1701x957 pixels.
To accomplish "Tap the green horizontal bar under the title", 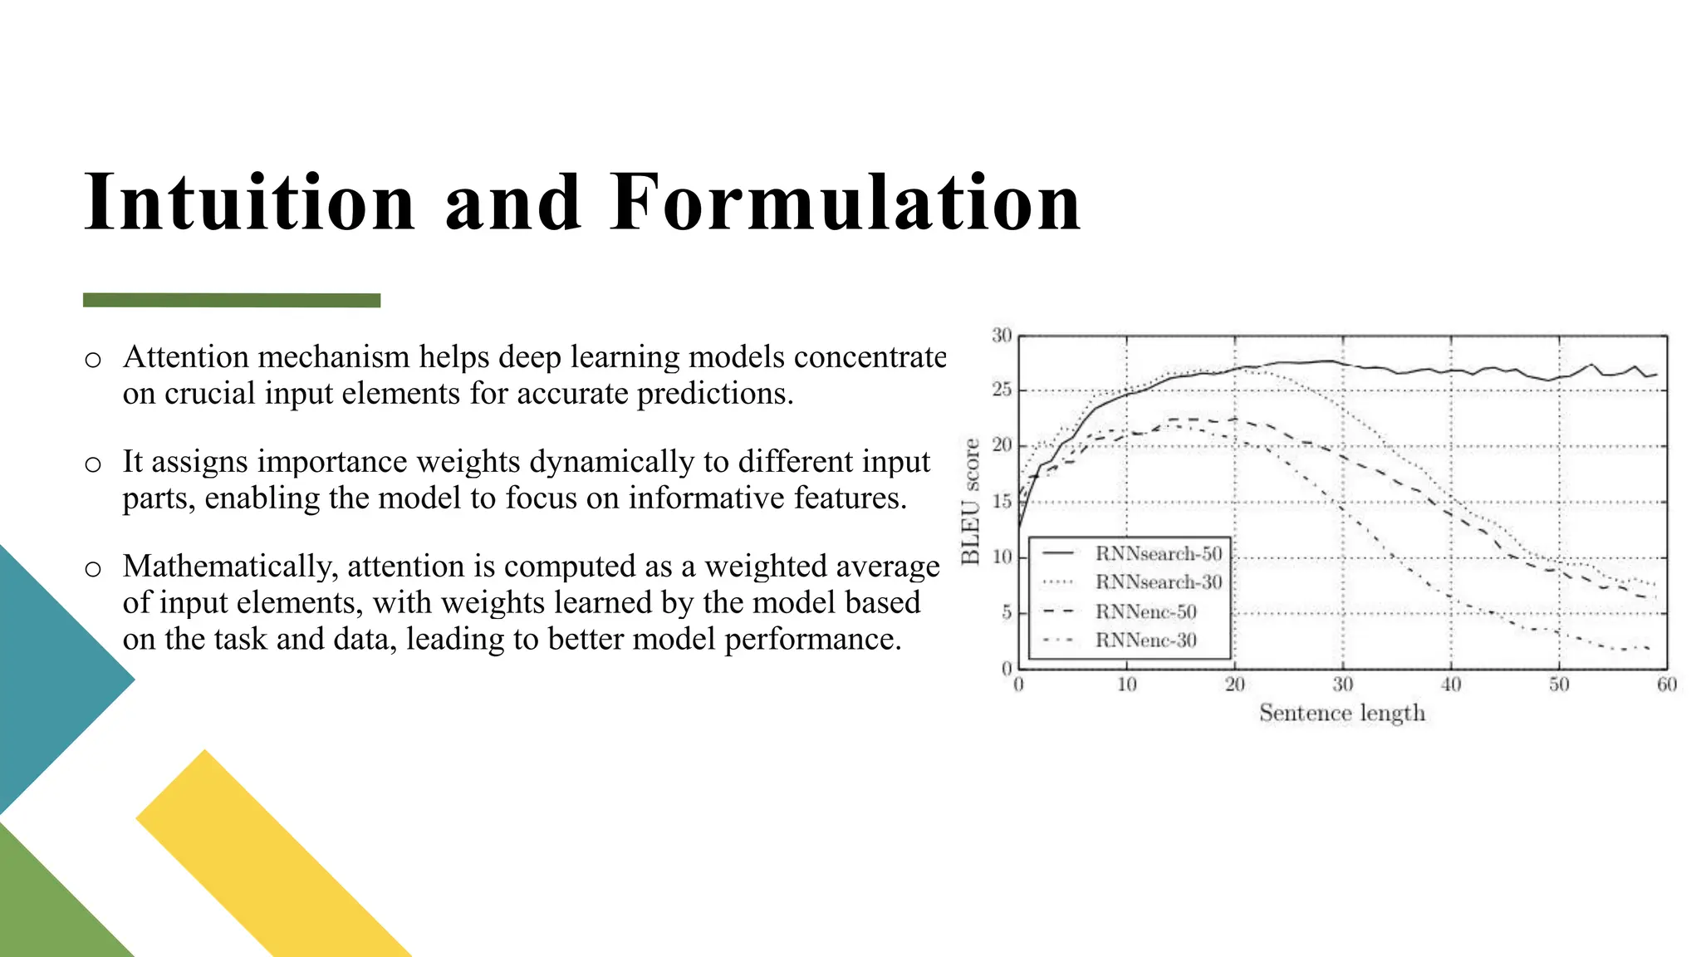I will [232, 300].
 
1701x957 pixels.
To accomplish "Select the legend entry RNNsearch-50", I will [1158, 553].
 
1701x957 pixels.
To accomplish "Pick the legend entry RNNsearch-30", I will [1158, 582].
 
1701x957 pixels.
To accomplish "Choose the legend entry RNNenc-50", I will [1145, 612].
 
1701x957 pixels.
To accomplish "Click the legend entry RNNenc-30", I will [1145, 640].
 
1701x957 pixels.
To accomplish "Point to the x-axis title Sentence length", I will [1341, 713].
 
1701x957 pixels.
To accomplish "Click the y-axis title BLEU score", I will [971, 502].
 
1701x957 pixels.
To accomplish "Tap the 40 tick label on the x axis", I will [1450, 685].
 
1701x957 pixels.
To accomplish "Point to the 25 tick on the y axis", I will [1002, 390].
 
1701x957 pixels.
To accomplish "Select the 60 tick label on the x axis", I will [1666, 685].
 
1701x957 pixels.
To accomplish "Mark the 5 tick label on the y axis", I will [1007, 613].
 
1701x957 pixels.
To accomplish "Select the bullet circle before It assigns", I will [93, 464].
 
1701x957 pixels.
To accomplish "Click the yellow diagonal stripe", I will [274, 856].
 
